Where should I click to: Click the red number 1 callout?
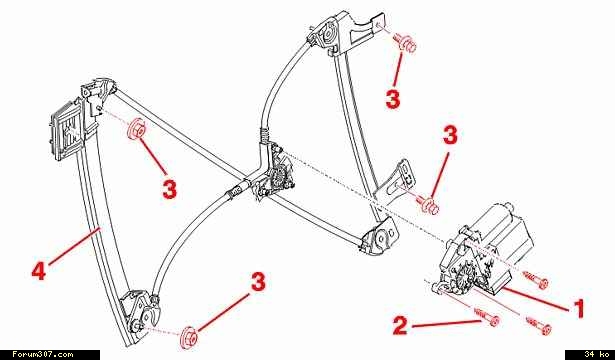click(x=578, y=309)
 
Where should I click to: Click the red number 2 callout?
click(x=400, y=325)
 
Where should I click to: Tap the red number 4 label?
click(x=39, y=271)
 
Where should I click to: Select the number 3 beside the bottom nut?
click(x=258, y=282)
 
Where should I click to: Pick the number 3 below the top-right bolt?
click(x=393, y=98)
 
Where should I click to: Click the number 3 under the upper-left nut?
click(x=169, y=189)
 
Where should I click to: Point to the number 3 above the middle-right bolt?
click(x=450, y=135)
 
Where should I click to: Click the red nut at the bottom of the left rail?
click(x=189, y=335)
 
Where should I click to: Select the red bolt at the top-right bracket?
click(x=406, y=42)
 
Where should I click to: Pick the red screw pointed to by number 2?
click(x=487, y=317)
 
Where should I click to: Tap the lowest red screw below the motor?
click(x=539, y=326)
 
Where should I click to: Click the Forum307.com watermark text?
click(x=42, y=355)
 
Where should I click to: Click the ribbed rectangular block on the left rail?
click(x=65, y=130)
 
